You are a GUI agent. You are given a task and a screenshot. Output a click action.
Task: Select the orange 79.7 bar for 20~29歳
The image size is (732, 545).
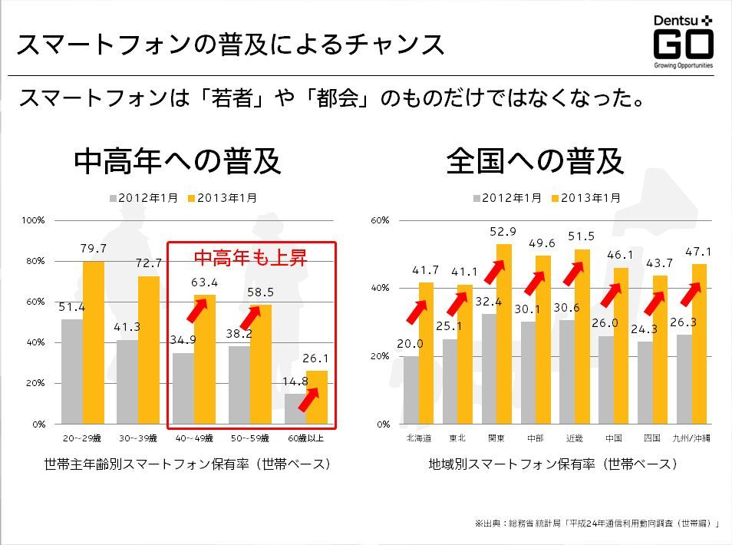point(93,342)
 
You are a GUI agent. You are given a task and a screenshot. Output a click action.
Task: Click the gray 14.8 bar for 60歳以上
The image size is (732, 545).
point(295,408)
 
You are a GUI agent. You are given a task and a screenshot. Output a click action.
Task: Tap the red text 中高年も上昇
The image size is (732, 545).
point(249,258)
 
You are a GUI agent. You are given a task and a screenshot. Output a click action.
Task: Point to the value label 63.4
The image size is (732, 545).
point(204,283)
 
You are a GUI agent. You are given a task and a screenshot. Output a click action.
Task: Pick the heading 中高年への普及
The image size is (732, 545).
point(177,161)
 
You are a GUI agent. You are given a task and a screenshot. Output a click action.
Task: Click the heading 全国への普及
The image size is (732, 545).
point(535,161)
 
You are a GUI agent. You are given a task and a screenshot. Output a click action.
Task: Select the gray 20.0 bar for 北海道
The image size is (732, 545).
point(411,390)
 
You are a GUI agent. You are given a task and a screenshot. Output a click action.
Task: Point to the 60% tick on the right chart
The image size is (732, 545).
point(381,220)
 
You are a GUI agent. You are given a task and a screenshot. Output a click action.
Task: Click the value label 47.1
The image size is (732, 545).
point(699,252)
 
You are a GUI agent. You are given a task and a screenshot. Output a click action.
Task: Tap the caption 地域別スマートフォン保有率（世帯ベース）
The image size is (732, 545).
point(553,464)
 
